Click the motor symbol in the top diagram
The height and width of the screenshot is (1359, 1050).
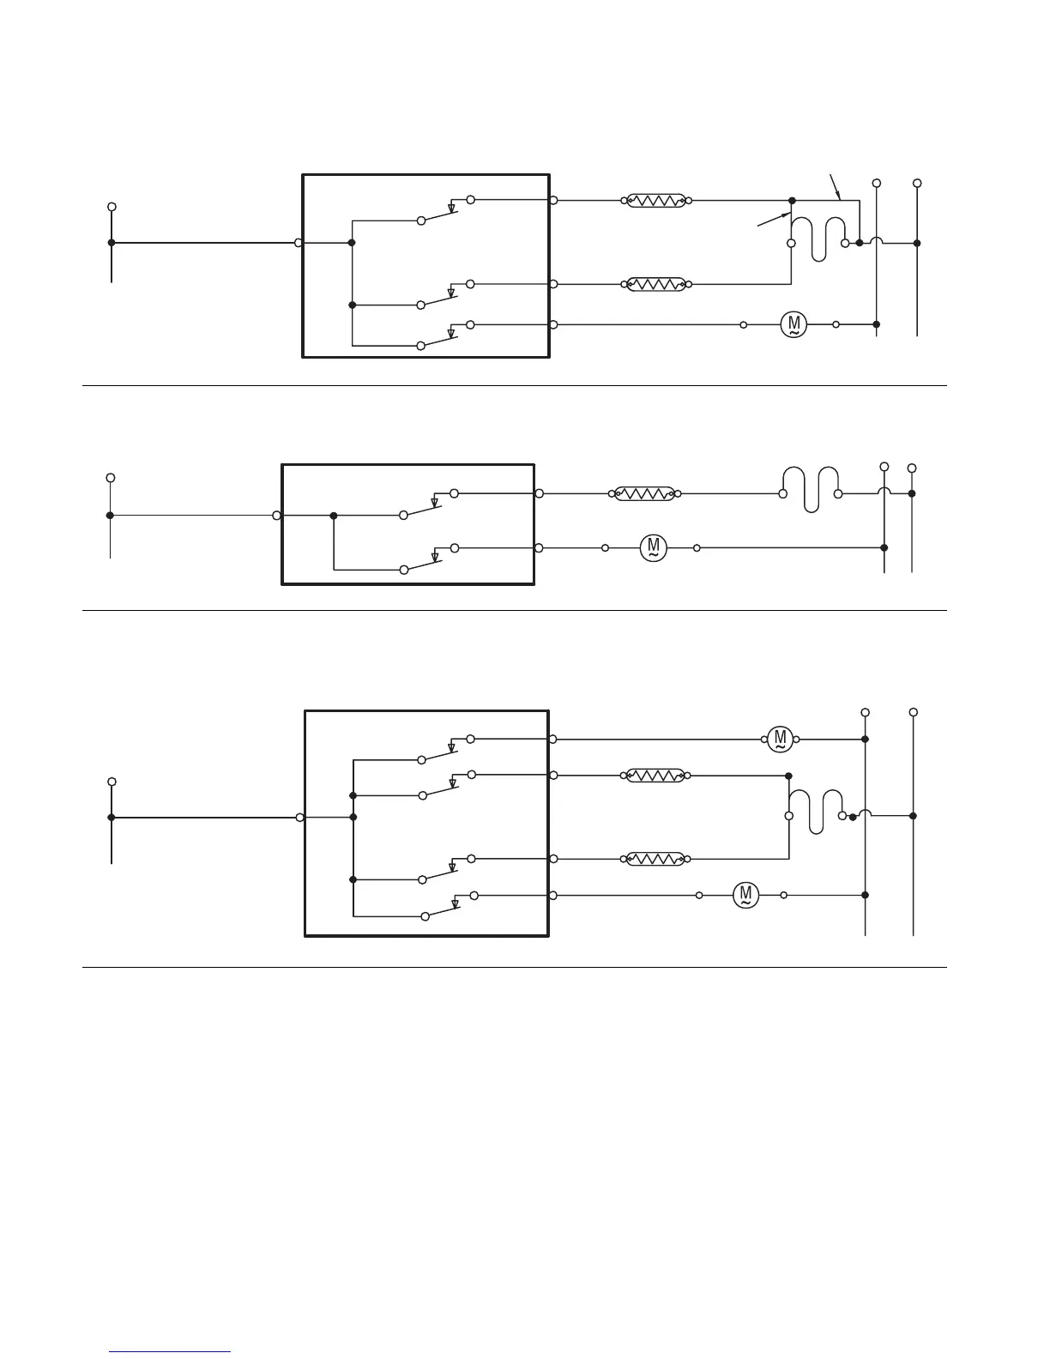click(x=794, y=325)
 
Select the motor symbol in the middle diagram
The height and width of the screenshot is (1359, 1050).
click(x=654, y=547)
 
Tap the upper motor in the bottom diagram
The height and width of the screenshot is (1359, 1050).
click(x=780, y=739)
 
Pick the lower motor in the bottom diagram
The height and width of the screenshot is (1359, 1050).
click(x=745, y=896)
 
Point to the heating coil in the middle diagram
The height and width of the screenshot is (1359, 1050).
click(x=811, y=489)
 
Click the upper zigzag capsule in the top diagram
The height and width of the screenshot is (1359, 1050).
click(x=655, y=201)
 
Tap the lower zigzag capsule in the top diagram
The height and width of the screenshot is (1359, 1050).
click(x=655, y=284)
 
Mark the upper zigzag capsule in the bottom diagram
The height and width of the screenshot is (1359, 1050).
click(x=655, y=776)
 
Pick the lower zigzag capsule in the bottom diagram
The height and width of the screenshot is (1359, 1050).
click(x=655, y=859)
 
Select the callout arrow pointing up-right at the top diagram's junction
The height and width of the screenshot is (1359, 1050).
click(x=773, y=220)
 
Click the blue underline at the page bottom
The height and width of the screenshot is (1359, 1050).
click(x=171, y=1352)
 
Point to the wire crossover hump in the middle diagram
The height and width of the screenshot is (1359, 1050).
click(x=884, y=491)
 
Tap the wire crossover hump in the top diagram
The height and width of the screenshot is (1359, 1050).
click(x=876, y=240)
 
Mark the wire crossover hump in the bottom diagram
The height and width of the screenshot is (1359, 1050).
click(x=865, y=813)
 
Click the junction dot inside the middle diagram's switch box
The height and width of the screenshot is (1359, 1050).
click(x=334, y=516)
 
